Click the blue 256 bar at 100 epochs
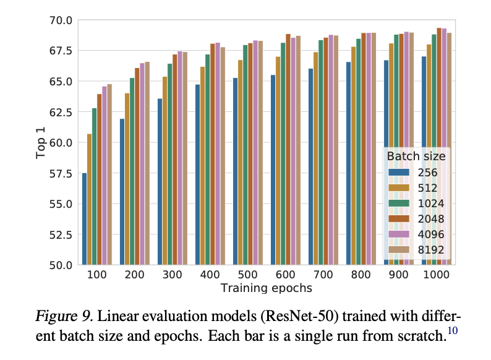point(84,219)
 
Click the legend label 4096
point(431,234)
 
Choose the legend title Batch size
point(416,156)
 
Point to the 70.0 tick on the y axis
point(61,20)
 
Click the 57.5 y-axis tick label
point(61,174)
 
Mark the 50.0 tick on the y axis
point(61,265)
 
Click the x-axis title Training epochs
point(265,288)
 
